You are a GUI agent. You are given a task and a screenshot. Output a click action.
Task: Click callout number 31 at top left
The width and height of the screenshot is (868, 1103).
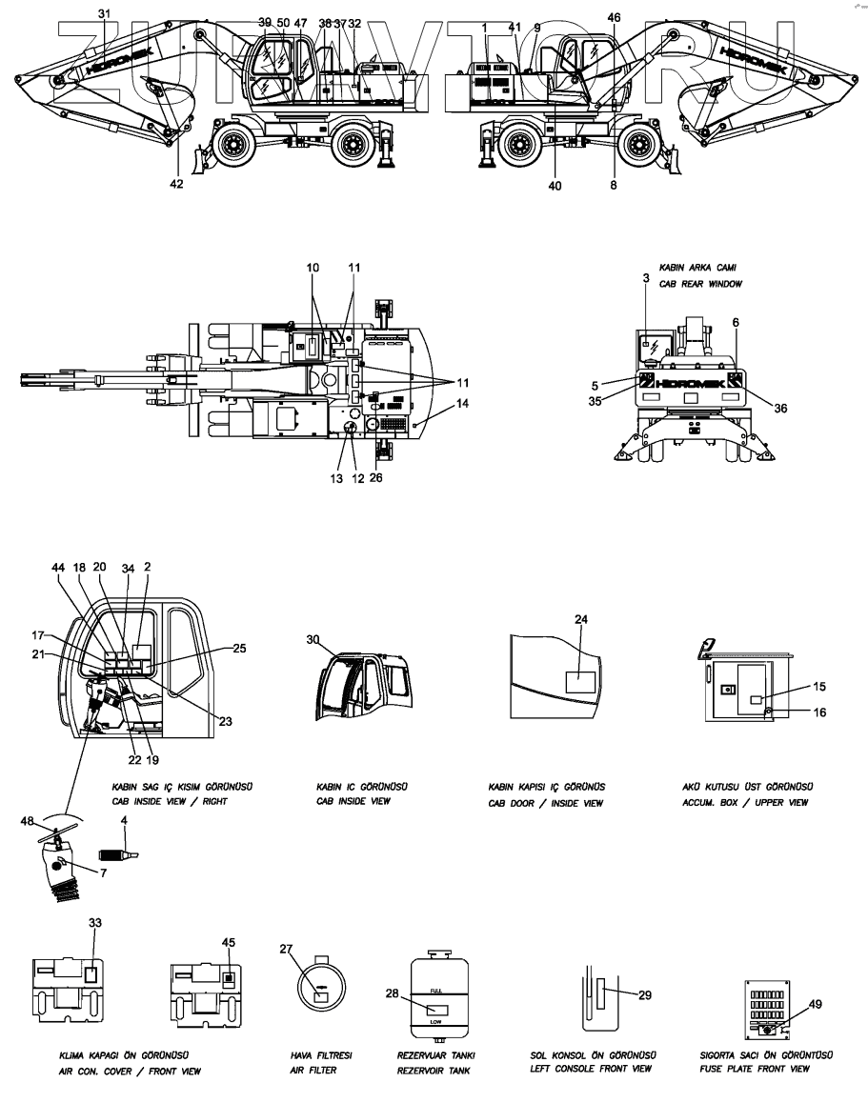point(105,12)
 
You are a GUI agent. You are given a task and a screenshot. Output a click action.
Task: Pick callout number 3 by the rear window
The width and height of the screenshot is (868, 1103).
point(645,277)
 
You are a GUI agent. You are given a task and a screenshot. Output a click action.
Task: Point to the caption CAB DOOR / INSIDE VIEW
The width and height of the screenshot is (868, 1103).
point(545,803)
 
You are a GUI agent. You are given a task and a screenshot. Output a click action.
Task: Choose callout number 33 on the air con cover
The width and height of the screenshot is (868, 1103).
point(93,923)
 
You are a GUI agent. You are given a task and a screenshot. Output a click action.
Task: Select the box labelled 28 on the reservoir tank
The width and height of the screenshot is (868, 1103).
point(439,1009)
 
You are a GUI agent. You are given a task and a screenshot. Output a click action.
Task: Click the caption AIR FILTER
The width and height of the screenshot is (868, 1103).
point(313,1071)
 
